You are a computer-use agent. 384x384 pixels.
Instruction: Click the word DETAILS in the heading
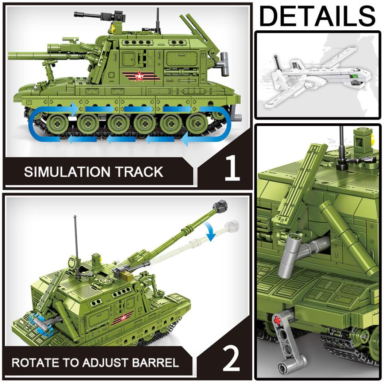click(x=317, y=16)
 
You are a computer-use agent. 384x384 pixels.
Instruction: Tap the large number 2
click(x=231, y=359)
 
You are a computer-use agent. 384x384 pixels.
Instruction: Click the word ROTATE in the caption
click(x=34, y=363)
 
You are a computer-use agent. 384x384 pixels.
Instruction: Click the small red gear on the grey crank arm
click(x=277, y=319)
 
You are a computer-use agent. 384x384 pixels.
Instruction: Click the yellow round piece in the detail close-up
click(x=373, y=137)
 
